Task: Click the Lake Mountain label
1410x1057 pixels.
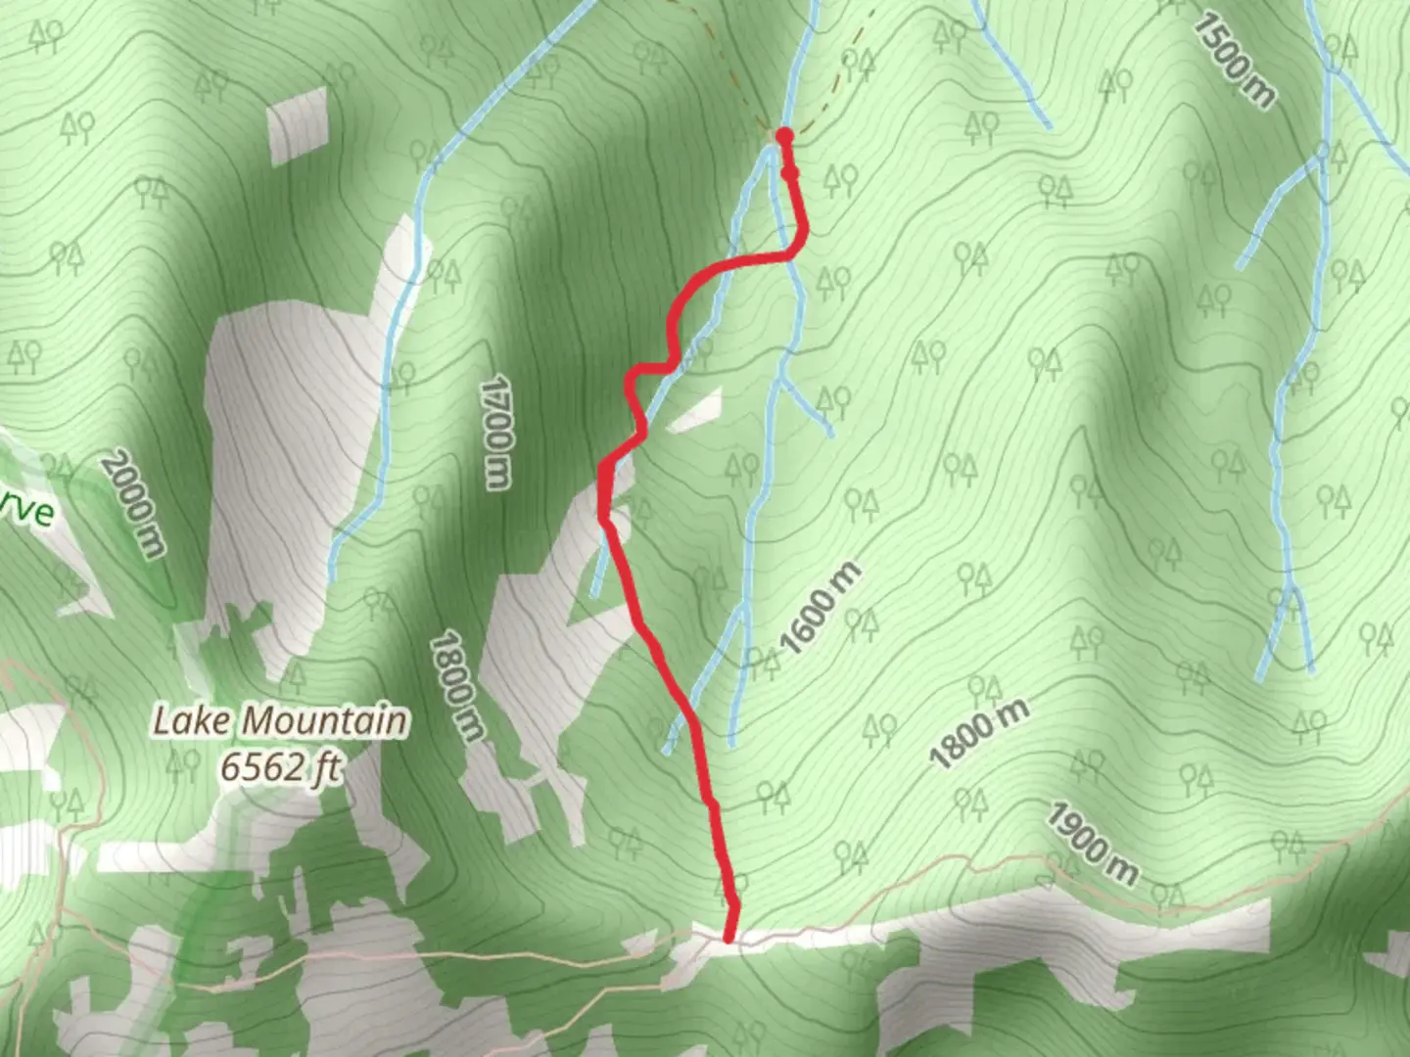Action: coord(280,721)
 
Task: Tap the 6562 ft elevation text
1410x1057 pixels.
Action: coord(280,766)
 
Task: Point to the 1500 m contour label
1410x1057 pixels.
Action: coord(1234,60)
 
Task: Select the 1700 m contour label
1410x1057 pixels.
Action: coord(497,431)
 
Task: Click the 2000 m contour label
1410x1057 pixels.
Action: coord(134,504)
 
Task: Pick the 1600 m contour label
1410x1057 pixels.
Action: coord(822,608)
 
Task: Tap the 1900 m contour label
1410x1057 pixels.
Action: coord(1093,844)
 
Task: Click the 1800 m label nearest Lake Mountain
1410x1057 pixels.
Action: coord(457,685)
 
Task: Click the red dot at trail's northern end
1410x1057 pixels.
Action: coord(784,135)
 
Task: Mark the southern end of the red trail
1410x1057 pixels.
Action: coord(729,938)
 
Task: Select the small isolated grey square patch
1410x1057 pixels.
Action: coord(298,125)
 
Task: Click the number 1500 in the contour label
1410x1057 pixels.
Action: coord(1224,49)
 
